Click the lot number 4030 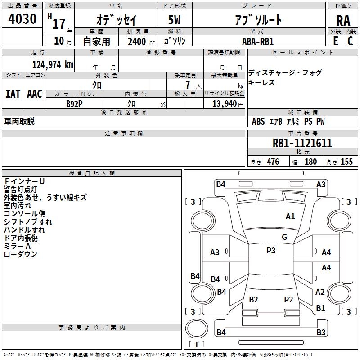coord(22,18)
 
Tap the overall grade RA coord(343,21)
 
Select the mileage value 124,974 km coord(53,65)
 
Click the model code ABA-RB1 coord(258,41)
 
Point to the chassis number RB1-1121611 coord(302,143)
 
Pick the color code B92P coord(74,104)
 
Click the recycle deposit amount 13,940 coord(225,103)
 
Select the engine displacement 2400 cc coord(141,41)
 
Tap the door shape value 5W coord(174,20)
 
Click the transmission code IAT coord(13,94)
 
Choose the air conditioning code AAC coord(35,94)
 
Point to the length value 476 coord(273,162)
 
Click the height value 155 coord(346,162)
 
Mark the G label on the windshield coord(284,237)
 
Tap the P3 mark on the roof coord(271,251)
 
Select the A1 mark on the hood coord(290,216)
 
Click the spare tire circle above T coord(197,328)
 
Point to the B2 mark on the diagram coord(253,300)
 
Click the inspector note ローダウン coord(20,254)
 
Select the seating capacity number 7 coord(188,85)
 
